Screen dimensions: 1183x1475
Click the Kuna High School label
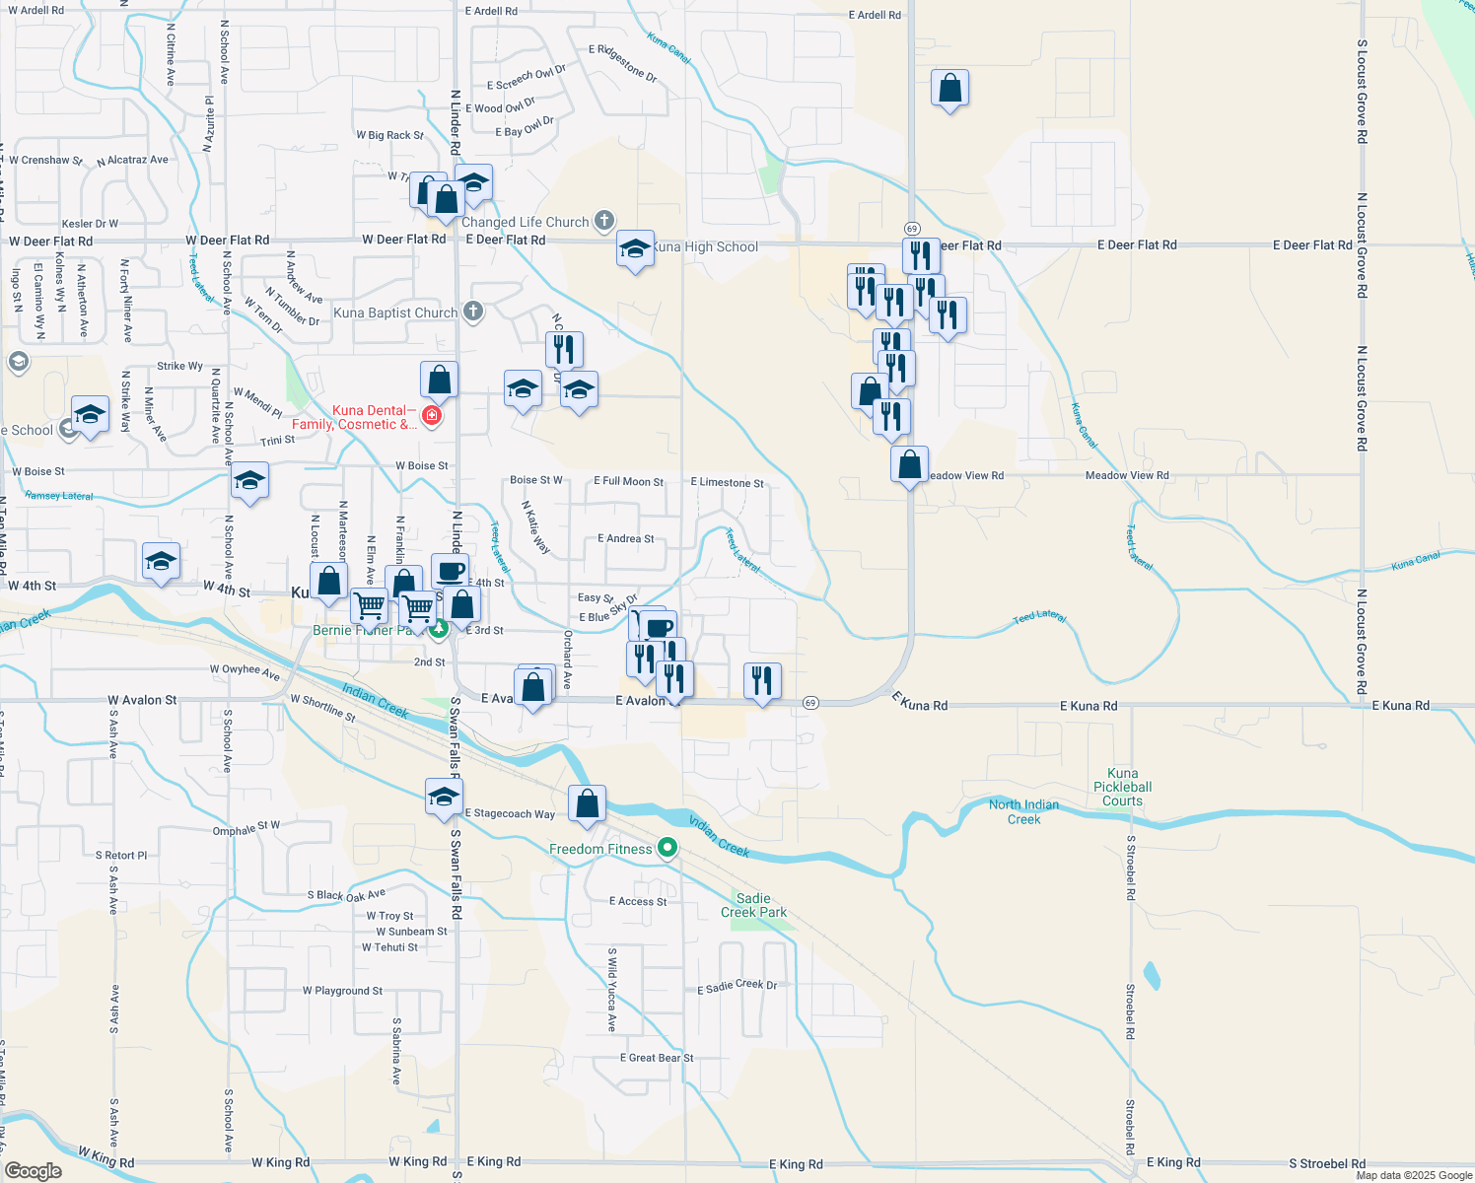click(x=705, y=246)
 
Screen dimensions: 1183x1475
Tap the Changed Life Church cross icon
click(x=604, y=221)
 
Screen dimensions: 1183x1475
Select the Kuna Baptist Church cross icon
click(x=473, y=312)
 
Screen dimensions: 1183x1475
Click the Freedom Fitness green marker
click(x=667, y=848)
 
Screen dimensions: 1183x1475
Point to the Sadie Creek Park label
click(x=753, y=905)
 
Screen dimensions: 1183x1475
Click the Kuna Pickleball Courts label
click(x=1122, y=787)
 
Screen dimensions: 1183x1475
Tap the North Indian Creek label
click(x=1023, y=811)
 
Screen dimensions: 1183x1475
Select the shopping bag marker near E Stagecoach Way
click(x=587, y=803)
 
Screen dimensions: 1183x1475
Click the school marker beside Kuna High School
click(x=635, y=249)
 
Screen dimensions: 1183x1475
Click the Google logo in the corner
click(x=33, y=1170)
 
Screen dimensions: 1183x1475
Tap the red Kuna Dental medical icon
click(x=431, y=416)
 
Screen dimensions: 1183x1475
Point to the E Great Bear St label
click(x=657, y=1058)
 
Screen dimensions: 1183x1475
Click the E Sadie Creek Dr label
click(x=737, y=986)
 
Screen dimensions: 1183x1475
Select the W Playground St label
click(x=342, y=991)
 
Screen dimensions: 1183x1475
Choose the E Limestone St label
click(x=727, y=482)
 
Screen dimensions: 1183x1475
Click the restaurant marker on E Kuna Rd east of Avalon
click(x=762, y=680)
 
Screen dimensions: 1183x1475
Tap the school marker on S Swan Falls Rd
click(x=444, y=797)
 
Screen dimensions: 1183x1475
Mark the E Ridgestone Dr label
click(x=622, y=61)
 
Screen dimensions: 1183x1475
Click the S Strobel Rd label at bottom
click(x=1327, y=1163)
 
